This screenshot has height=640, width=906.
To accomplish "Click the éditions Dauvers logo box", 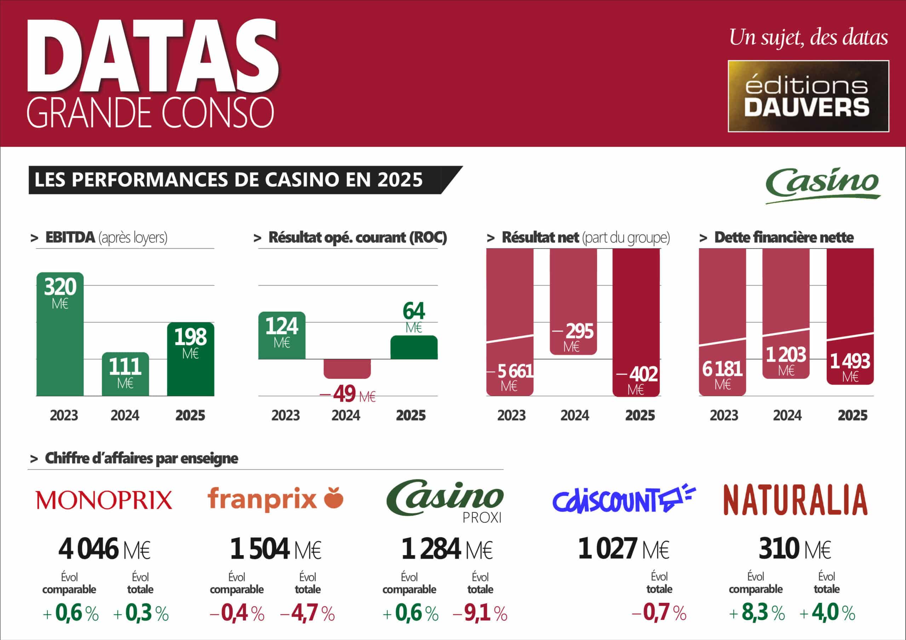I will (x=808, y=96).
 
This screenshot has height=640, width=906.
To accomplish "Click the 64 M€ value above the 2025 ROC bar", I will (x=414, y=312).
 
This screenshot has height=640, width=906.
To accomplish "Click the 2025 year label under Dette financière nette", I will (x=852, y=415).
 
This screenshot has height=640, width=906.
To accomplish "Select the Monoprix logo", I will (x=104, y=500).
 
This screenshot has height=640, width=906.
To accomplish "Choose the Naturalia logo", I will (x=795, y=500).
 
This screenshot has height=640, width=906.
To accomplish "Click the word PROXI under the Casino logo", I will (x=482, y=518).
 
